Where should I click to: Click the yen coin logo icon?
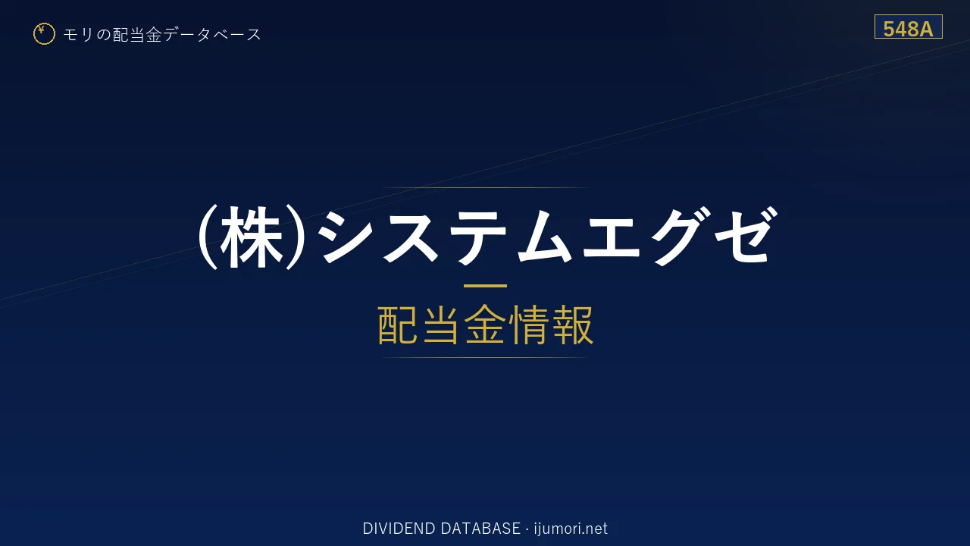tap(44, 34)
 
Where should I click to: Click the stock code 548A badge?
tap(908, 27)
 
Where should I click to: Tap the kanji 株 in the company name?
tap(252, 237)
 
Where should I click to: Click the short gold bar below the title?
tap(485, 286)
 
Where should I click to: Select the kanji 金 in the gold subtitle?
tap(485, 325)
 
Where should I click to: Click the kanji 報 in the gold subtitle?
tap(572, 325)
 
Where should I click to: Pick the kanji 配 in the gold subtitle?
tap(399, 325)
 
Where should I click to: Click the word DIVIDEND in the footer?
tap(399, 529)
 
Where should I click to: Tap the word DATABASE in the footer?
tap(480, 529)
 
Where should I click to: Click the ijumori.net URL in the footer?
tap(571, 529)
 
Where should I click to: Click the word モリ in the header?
tap(78, 35)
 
